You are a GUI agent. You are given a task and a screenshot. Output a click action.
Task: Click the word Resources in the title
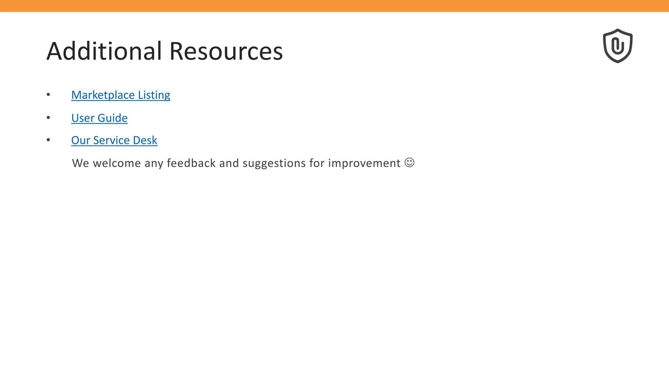click(226, 51)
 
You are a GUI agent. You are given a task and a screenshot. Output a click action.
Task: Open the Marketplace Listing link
click(121, 95)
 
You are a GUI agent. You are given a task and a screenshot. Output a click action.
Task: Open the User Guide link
click(99, 118)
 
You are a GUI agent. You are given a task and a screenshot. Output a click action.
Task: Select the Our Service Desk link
click(114, 140)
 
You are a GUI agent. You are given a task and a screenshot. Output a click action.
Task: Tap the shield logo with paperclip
click(617, 46)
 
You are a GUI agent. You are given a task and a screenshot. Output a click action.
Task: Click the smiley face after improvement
click(409, 163)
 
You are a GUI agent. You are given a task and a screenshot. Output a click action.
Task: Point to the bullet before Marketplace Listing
click(48, 95)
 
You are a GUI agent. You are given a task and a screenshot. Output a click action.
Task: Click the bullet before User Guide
click(48, 117)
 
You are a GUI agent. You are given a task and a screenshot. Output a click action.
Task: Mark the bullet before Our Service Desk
click(48, 140)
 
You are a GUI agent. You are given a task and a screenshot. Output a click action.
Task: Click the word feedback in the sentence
click(191, 163)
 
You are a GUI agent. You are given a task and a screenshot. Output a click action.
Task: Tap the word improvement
click(364, 163)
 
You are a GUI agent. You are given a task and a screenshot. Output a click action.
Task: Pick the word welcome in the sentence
click(117, 163)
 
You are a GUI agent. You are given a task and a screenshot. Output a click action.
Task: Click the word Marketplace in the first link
click(103, 95)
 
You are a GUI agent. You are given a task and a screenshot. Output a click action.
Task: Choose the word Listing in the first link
click(154, 95)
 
